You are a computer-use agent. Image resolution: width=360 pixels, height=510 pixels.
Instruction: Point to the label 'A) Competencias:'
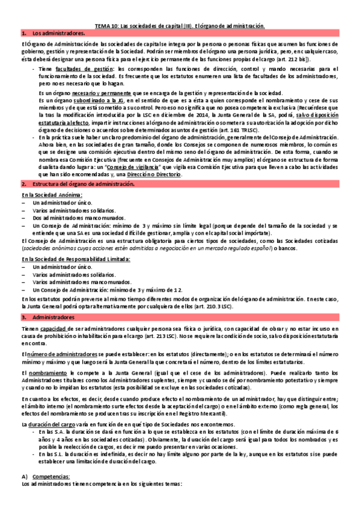click(x=45, y=476)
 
